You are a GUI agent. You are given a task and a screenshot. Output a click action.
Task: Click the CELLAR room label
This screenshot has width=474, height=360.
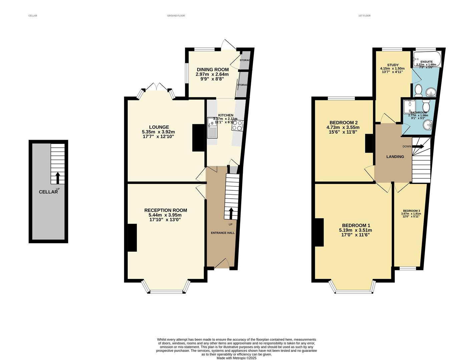tap(48, 192)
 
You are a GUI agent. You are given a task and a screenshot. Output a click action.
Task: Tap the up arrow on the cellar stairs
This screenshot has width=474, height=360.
tap(57, 178)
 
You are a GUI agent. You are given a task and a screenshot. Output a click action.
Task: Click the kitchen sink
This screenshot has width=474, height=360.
tap(212, 130)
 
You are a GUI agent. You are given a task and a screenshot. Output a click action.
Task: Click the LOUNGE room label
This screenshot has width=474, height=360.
tap(159, 127)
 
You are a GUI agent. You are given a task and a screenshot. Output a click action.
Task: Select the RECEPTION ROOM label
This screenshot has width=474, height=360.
tap(165, 210)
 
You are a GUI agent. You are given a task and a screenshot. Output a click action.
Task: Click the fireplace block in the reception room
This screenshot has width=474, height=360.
tap(132, 237)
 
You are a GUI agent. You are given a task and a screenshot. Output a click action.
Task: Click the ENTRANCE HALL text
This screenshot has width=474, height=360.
tap(222, 233)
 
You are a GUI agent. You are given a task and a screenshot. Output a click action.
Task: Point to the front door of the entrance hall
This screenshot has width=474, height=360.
tap(221, 264)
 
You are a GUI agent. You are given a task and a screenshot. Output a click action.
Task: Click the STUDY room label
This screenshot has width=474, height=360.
tap(393, 65)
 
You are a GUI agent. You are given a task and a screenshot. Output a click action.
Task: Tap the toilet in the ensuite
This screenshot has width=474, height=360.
tap(418, 90)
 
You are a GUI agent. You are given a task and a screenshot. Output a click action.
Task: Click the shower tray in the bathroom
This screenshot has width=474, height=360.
tap(408, 107)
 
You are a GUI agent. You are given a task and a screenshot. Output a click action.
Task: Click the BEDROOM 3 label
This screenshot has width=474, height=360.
tap(411, 211)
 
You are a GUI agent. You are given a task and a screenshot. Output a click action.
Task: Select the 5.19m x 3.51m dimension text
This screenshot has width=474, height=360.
tap(355, 230)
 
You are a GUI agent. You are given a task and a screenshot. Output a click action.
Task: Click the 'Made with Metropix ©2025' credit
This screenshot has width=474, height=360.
tap(236, 358)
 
